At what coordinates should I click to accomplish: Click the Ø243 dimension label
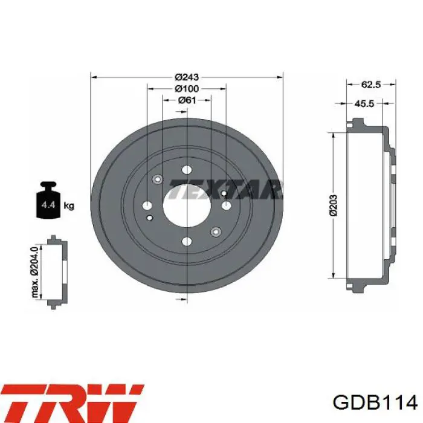click(x=187, y=77)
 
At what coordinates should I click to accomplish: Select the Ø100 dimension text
click(x=187, y=88)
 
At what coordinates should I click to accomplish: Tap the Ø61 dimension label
click(x=187, y=100)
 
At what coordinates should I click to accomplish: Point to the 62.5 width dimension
click(x=371, y=85)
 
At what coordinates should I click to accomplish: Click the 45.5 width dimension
click(x=364, y=103)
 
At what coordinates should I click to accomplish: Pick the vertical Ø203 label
click(x=334, y=205)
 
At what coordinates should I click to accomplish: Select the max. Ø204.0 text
click(x=34, y=272)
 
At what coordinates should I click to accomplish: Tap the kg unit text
click(x=69, y=206)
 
